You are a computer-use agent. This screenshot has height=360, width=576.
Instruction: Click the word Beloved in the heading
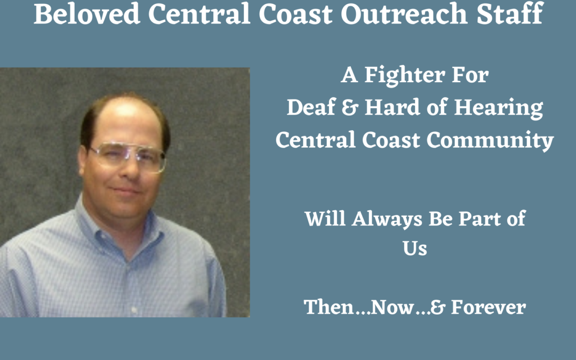coord(87,14)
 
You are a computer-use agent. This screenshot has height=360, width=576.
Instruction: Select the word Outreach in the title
coord(404,14)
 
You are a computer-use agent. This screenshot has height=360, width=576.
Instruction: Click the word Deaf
coord(311,107)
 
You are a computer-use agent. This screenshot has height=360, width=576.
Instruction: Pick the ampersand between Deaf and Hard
coord(349,108)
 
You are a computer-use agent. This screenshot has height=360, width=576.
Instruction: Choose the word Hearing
coord(499,108)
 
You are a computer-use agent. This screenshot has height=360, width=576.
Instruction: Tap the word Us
coord(415,249)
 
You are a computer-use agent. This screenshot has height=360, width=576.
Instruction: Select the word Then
coord(329,307)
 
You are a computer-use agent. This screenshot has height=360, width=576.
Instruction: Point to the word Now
coord(393,307)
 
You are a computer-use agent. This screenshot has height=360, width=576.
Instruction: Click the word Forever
coord(488,307)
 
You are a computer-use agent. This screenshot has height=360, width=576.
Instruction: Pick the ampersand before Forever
coord(437,307)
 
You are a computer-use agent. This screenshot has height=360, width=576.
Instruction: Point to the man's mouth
coord(126,191)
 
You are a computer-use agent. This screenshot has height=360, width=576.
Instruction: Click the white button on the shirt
coord(134,310)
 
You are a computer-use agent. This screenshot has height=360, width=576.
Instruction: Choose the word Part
coord(479,219)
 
